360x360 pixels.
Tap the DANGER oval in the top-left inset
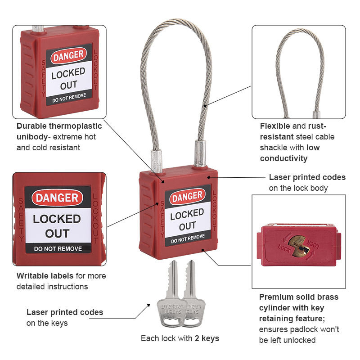[68, 55]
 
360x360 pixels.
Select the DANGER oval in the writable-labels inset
[57, 198]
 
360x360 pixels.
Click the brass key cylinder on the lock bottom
[298, 246]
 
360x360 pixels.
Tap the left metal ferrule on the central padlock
[157, 161]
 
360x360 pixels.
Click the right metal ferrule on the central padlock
[200, 153]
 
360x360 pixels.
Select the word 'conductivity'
[283, 158]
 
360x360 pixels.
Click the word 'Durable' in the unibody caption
[31, 126]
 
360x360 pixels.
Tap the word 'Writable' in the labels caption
[32, 275]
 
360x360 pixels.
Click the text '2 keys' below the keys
[207, 338]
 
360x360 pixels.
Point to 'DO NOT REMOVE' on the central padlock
[188, 239]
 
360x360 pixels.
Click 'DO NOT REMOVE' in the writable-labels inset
[58, 249]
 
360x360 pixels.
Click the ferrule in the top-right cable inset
[316, 115]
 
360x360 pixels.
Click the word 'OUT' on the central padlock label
[188, 226]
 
